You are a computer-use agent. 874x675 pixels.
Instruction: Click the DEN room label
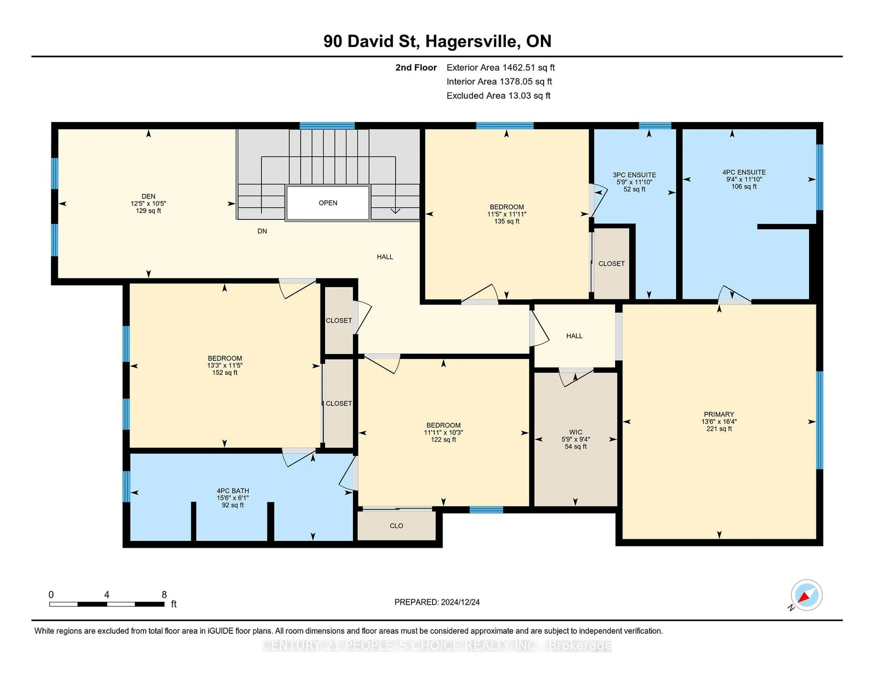click(148, 196)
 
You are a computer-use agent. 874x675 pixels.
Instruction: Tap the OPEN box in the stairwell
click(328, 203)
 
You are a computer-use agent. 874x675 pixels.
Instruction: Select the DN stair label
click(262, 231)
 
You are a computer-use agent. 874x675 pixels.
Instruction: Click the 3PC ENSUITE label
click(634, 175)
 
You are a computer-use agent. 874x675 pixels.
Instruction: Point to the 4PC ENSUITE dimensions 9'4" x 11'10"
click(744, 179)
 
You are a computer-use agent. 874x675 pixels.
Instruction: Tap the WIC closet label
click(575, 432)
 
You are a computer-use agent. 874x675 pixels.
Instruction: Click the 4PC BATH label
click(233, 491)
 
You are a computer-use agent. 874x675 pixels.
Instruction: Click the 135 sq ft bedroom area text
click(507, 221)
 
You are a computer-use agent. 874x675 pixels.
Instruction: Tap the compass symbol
click(806, 595)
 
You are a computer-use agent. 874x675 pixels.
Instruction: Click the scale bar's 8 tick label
click(164, 595)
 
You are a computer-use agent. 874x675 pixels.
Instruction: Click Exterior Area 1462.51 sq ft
click(500, 68)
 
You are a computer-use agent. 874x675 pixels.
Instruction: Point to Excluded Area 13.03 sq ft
click(498, 96)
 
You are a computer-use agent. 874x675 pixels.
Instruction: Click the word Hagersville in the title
click(473, 41)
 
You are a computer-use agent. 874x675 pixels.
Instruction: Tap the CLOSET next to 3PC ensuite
click(611, 264)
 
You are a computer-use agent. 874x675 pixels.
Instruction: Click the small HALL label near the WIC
click(574, 336)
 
